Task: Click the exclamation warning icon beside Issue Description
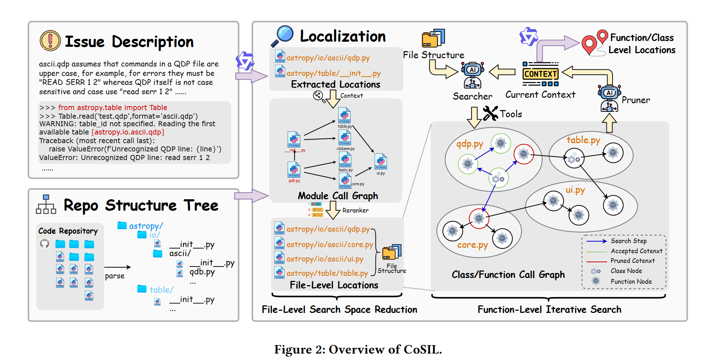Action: click(x=50, y=41)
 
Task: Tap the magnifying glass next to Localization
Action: click(x=282, y=36)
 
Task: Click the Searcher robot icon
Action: click(x=473, y=75)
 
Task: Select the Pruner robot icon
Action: click(x=609, y=98)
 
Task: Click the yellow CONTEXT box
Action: click(x=540, y=74)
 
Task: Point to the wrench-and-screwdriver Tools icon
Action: click(x=490, y=113)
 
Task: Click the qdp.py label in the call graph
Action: click(x=470, y=144)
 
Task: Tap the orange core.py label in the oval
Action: click(x=472, y=245)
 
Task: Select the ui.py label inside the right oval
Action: click(x=575, y=190)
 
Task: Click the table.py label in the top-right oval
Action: click(x=583, y=140)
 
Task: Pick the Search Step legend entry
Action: click(x=628, y=241)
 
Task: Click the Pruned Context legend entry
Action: click(x=632, y=261)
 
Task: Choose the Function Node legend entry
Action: click(x=631, y=282)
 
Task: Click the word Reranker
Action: click(x=355, y=210)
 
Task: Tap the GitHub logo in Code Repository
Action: click(x=45, y=244)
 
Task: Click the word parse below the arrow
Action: click(x=115, y=276)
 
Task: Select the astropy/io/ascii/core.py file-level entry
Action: click(x=329, y=245)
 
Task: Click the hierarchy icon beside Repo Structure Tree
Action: click(x=46, y=205)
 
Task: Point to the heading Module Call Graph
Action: click(x=338, y=196)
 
